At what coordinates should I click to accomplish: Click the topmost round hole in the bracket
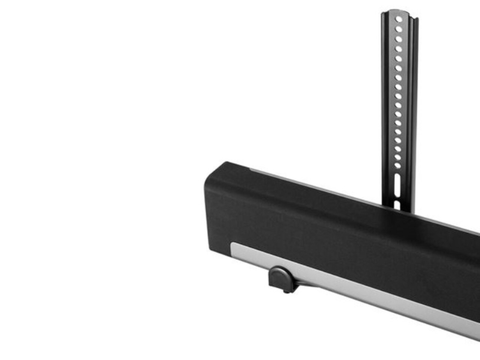399,18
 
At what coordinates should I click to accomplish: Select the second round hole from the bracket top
399,28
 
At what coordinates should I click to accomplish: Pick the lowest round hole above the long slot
397,165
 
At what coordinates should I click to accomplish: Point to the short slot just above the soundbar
397,204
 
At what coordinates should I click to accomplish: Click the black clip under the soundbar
279,278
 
